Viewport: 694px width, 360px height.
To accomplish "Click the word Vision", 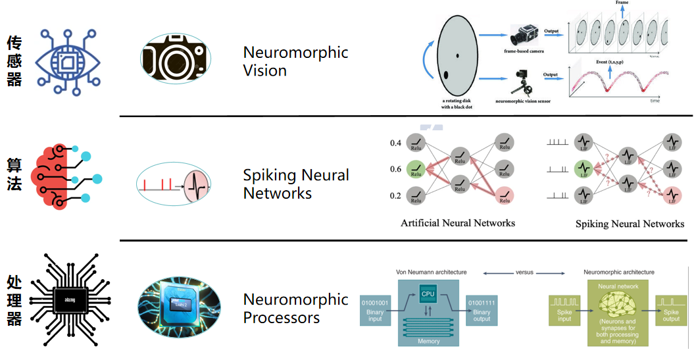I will [265, 70].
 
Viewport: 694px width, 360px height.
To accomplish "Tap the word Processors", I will [282, 318].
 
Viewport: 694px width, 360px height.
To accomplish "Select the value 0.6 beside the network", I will [395, 169].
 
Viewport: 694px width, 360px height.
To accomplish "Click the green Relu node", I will [415, 169].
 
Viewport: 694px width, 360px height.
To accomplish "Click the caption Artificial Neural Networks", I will [458, 223].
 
